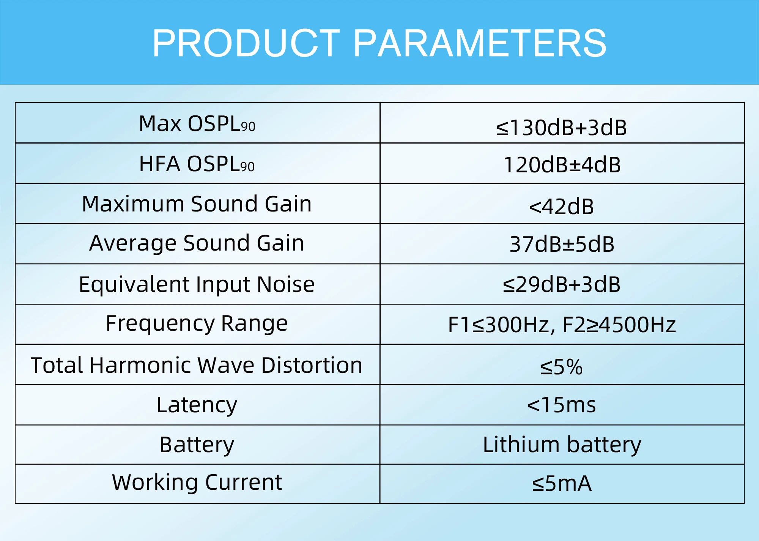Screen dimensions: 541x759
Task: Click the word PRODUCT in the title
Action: pos(246,44)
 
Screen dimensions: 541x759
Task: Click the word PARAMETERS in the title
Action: pos(480,44)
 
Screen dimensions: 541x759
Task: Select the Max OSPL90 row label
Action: pos(197,124)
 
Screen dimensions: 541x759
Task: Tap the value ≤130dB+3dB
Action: pos(561,128)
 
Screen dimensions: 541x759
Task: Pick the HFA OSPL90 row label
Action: pos(197,164)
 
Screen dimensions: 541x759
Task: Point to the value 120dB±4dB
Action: pos(562,165)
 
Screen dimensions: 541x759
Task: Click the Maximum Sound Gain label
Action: pos(197,204)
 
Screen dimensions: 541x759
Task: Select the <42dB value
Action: pos(561,207)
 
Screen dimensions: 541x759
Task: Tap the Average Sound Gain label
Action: pos(197,243)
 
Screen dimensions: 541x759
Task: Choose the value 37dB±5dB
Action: pos(562,244)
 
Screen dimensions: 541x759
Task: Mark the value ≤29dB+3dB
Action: pos(561,284)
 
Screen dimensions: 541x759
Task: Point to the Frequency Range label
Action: pos(197,323)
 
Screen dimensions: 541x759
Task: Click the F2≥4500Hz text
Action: pos(619,325)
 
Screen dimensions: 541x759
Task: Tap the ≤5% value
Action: pos(561,367)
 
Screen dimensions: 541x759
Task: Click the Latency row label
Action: pos(197,405)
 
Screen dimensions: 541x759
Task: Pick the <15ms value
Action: pos(561,405)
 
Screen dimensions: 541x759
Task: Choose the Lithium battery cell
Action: pos(562,445)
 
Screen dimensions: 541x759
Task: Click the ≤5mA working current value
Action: pos(561,484)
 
